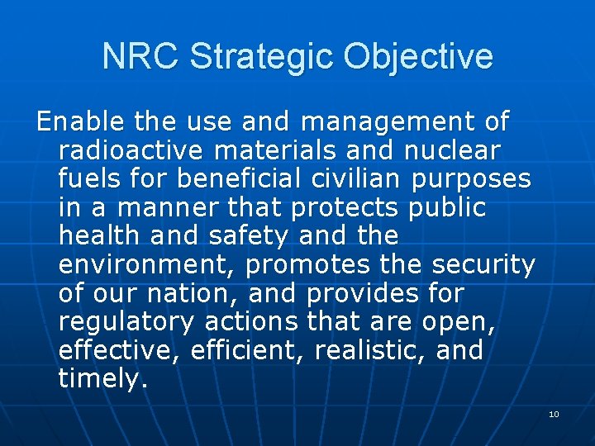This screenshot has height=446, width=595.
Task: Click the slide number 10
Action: click(x=554, y=414)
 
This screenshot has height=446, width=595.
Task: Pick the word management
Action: click(x=390, y=122)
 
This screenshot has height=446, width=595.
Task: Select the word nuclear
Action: click(x=464, y=151)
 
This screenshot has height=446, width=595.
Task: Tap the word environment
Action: click(x=148, y=265)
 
